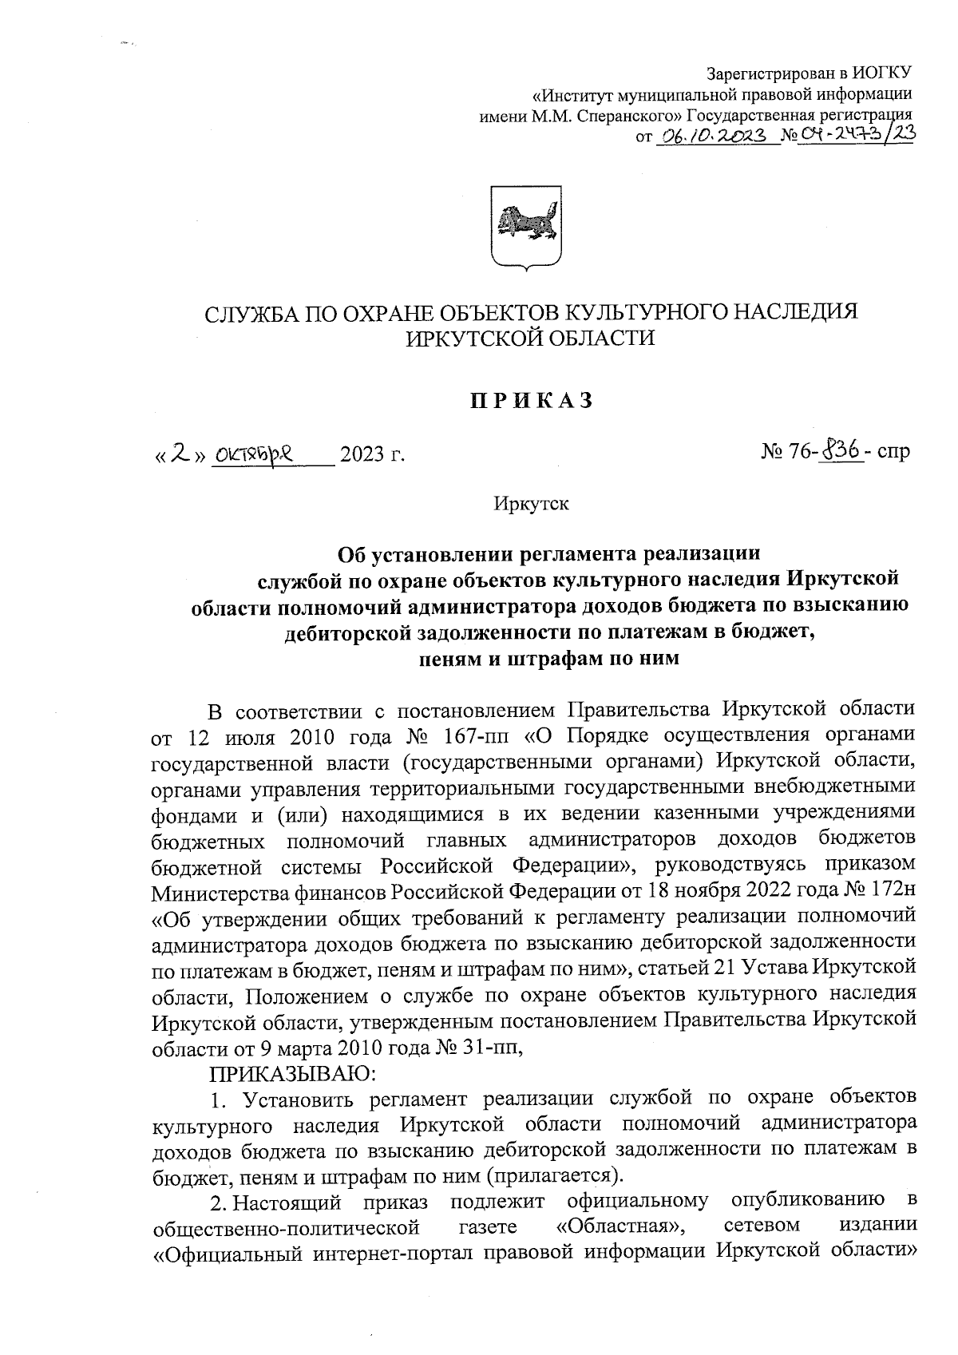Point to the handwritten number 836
[x=840, y=451]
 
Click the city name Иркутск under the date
[x=531, y=504]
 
